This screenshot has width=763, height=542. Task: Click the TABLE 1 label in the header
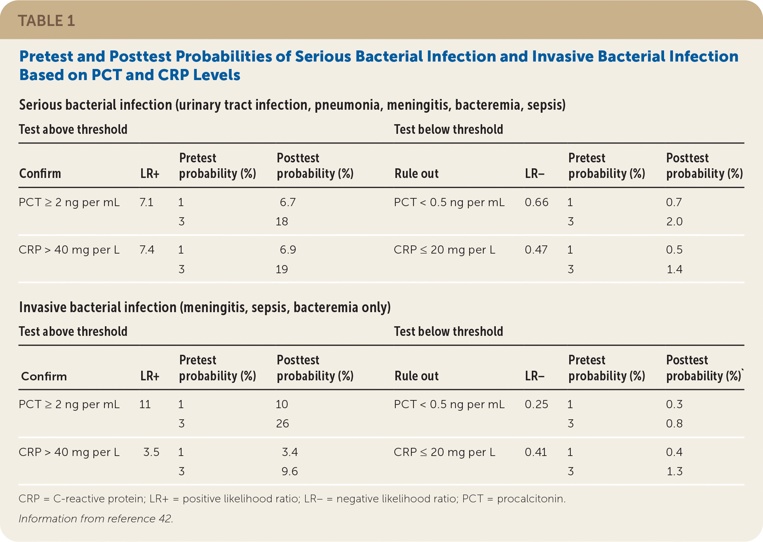click(x=46, y=21)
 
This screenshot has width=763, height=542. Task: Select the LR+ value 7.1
click(x=146, y=202)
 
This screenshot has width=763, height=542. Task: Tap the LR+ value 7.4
click(x=147, y=250)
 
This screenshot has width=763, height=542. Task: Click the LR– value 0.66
click(x=537, y=202)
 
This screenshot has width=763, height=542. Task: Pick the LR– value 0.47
click(x=536, y=250)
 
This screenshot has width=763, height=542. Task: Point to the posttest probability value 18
click(x=282, y=222)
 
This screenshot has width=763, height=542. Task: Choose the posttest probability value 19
click(x=282, y=269)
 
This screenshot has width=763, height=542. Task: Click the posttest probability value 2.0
click(x=674, y=222)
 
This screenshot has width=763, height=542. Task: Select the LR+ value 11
click(x=145, y=404)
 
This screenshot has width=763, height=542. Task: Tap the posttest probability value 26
click(x=282, y=423)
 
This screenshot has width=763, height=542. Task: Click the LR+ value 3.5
click(x=151, y=452)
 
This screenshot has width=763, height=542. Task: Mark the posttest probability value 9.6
click(x=290, y=472)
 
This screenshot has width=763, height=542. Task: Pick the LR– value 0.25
click(x=537, y=404)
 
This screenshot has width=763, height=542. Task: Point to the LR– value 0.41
click(x=536, y=452)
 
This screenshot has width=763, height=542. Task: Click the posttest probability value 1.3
click(x=674, y=472)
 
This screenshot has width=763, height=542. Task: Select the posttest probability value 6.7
click(x=288, y=202)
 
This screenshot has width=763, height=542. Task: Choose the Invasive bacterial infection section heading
click(x=205, y=307)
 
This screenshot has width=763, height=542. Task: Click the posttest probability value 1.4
click(x=674, y=269)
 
